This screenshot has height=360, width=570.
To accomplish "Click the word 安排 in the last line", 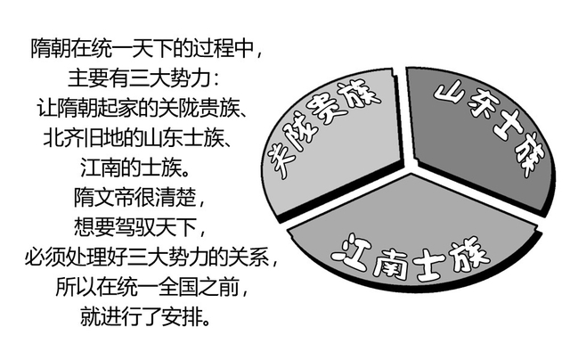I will click(182, 317).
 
